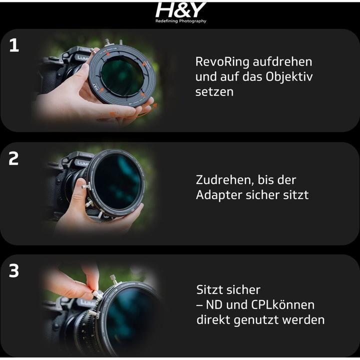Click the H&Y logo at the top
tap(181, 10)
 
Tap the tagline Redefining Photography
tap(181, 21)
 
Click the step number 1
tap(14, 45)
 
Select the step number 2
tap(13, 158)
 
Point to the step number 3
tap(14, 271)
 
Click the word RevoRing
tap(222, 62)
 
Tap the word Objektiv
tap(289, 76)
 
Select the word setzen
tap(214, 92)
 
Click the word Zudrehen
tap(224, 180)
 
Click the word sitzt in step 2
tap(296, 195)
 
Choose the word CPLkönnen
tap(283, 305)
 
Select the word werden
tap(303, 320)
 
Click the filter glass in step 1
tap(122, 76)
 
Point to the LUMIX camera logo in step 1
tap(82, 58)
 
